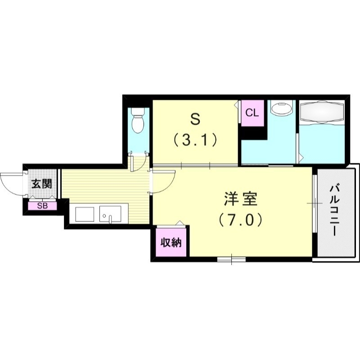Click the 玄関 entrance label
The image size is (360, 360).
pyautogui.click(x=41, y=184)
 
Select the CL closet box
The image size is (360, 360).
pyautogui.click(x=252, y=112)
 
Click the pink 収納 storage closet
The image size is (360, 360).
pyautogui.click(x=171, y=243)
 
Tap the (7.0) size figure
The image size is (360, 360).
pyautogui.click(x=241, y=220)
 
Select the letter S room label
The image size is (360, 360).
pyautogui.click(x=194, y=119)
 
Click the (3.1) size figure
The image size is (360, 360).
pyautogui.click(x=194, y=140)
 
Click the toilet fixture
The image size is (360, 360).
pyautogui.click(x=138, y=119)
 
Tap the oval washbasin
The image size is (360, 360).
pyautogui.click(x=281, y=109)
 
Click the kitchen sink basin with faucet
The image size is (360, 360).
pyautogui.click(x=110, y=215)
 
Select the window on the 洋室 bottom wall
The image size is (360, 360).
pyautogui.click(x=231, y=259)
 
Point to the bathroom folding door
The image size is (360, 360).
pyautogui.click(x=299, y=144)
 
